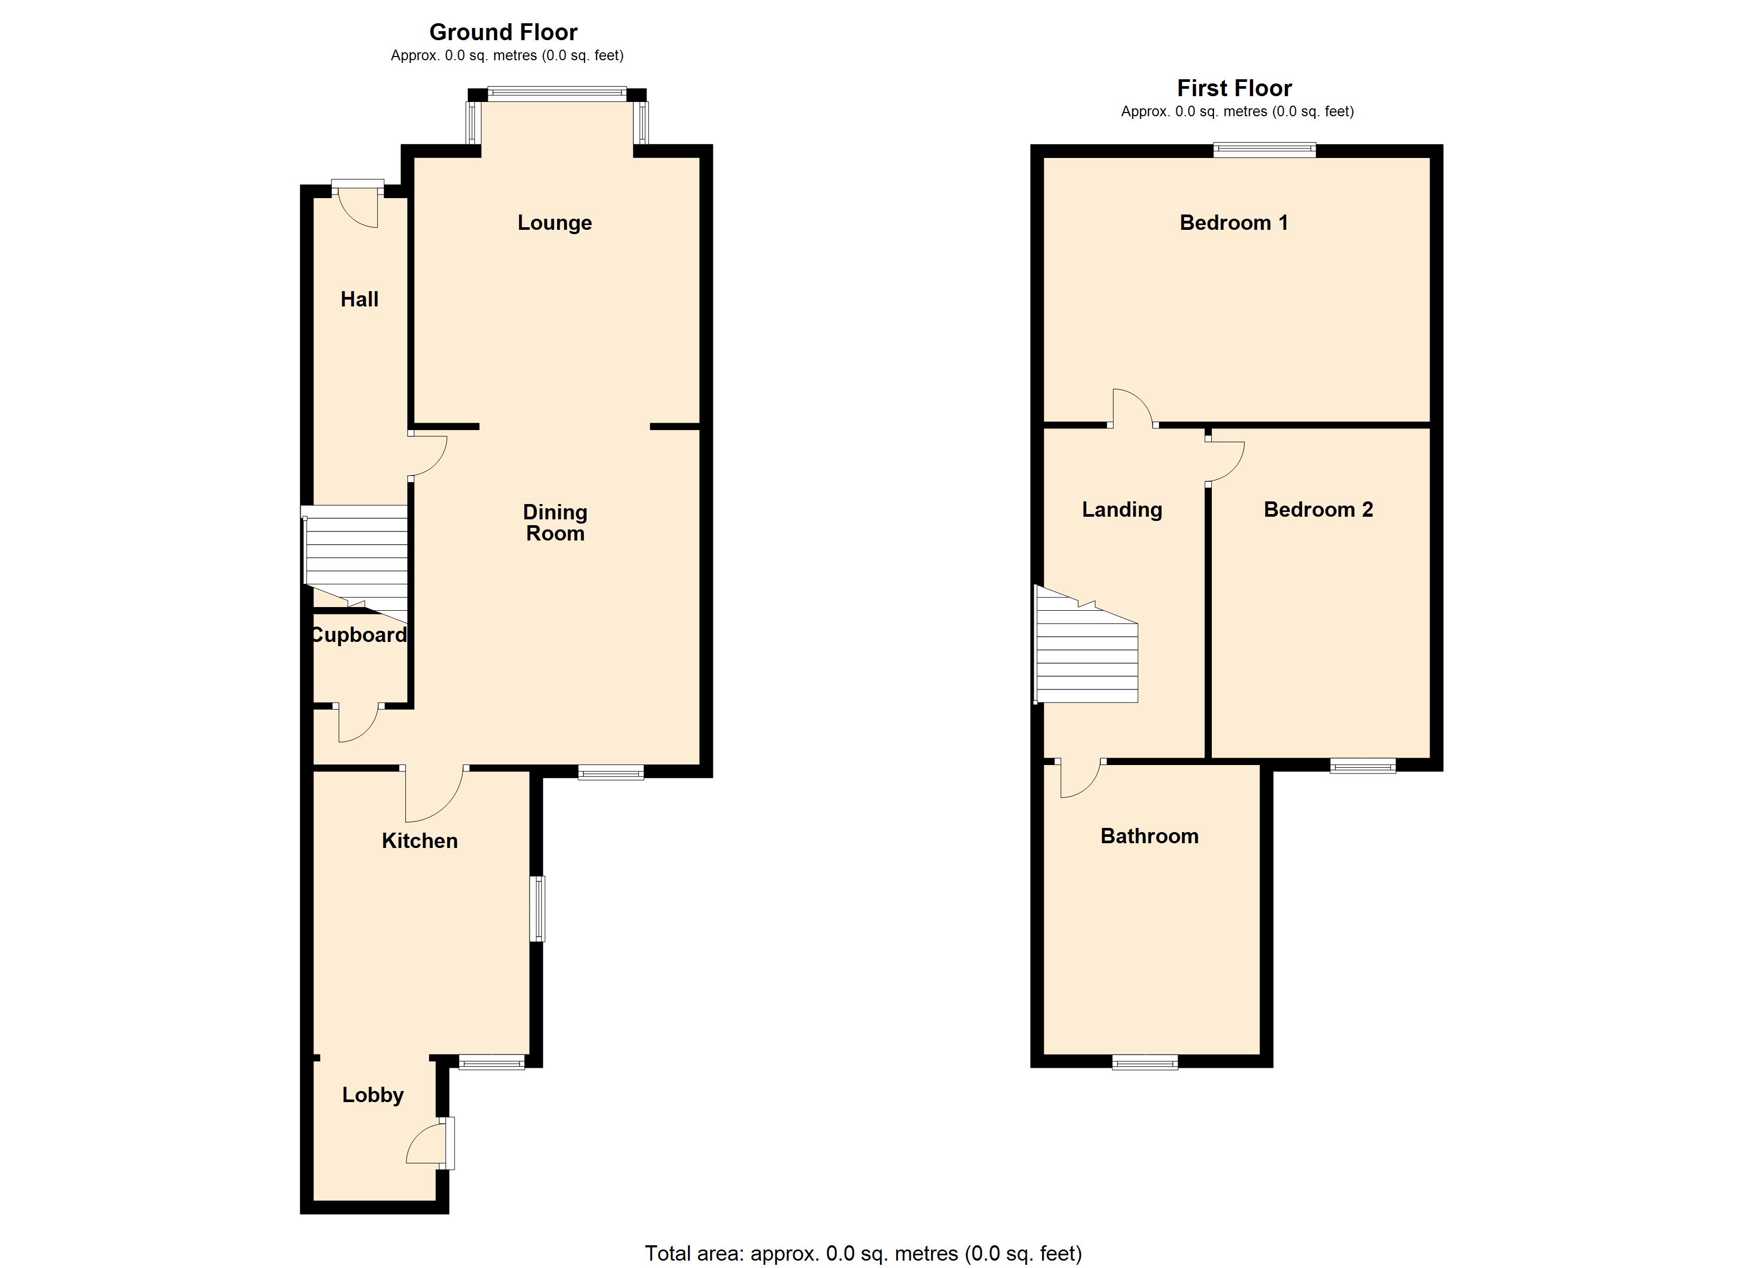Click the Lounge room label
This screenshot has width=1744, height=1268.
point(554,223)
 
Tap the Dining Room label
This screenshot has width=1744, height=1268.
point(554,523)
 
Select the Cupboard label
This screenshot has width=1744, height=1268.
point(358,635)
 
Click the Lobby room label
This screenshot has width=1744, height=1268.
point(373,1095)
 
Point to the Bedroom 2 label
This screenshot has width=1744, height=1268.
point(1318,510)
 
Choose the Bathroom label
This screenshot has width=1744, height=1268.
point(1149,837)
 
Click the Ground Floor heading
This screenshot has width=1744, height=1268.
point(503,32)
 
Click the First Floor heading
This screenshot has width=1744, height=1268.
point(1234,88)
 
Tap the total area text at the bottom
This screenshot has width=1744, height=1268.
point(863,1253)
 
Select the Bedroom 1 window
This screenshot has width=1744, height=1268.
point(1265,150)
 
